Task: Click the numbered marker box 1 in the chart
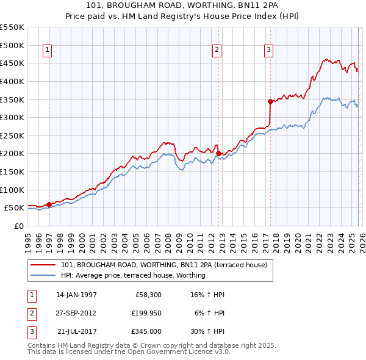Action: tap(48, 51)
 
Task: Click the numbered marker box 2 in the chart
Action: tap(217, 51)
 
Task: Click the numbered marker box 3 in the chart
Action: tap(269, 51)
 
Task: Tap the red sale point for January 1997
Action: tap(49, 205)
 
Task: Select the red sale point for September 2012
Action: tap(218, 153)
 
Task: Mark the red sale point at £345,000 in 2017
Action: tap(270, 101)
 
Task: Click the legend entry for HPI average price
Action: tap(133, 276)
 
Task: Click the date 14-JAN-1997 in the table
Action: tap(76, 295)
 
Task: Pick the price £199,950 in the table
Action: tap(146, 313)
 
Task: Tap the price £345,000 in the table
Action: tap(146, 331)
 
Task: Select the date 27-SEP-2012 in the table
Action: tap(76, 313)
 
